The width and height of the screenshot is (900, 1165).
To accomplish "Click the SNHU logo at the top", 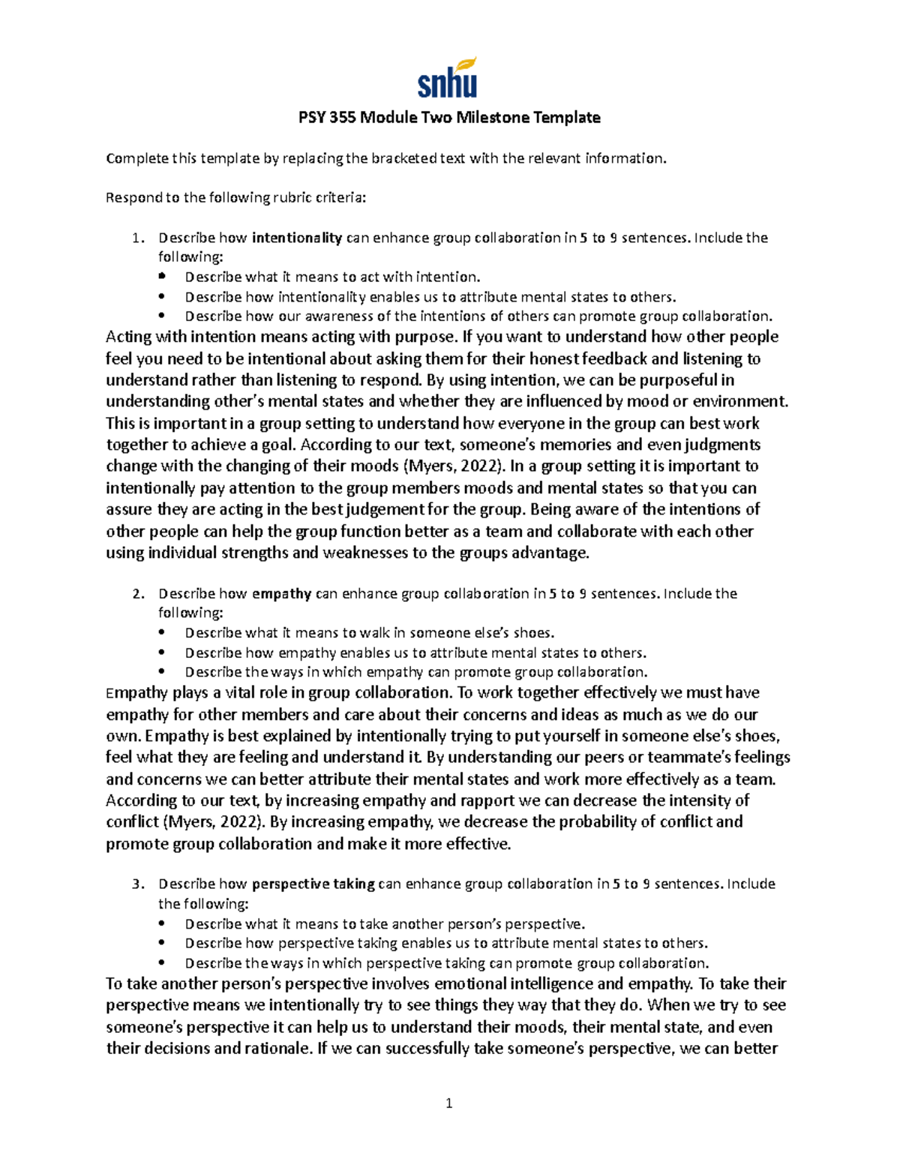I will click(447, 79).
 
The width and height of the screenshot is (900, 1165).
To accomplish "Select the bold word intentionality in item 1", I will click(297, 239).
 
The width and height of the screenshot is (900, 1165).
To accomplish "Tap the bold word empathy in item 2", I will click(282, 594).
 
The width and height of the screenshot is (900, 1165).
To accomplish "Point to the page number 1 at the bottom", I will click(448, 1103).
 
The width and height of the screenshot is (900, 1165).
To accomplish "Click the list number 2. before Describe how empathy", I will click(137, 594).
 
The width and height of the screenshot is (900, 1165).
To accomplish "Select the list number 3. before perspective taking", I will click(137, 884).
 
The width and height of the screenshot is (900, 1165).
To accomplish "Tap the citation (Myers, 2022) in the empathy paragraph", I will click(185, 822).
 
